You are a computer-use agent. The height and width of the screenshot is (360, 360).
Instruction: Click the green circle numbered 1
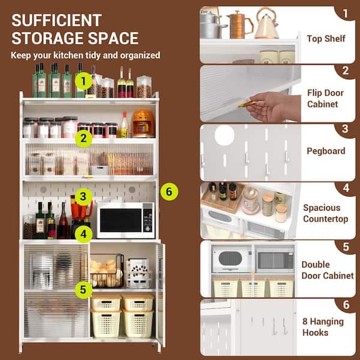(83, 81)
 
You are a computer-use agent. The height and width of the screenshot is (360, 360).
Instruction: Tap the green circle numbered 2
(83, 139)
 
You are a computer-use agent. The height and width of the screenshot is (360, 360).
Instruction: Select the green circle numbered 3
(83, 197)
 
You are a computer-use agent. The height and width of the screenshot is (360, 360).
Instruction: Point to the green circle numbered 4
(83, 234)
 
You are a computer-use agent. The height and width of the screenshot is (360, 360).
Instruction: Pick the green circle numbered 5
(83, 290)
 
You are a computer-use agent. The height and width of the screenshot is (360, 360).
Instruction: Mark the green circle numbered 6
(169, 192)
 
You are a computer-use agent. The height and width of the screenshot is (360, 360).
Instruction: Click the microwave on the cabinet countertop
(125, 220)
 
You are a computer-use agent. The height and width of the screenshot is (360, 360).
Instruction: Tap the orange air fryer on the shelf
(143, 123)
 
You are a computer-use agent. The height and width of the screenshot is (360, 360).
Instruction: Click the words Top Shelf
(326, 38)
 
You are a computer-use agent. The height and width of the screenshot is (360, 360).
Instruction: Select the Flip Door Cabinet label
(325, 98)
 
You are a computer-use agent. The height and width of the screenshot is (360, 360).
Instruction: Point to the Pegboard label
(326, 151)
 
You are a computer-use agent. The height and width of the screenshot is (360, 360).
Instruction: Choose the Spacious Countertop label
(326, 213)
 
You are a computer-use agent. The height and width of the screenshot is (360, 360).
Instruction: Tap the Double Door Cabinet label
(328, 270)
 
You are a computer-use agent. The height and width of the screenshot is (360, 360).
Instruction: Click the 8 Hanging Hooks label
(323, 327)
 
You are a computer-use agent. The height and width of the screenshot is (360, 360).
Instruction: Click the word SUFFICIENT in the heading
(56, 20)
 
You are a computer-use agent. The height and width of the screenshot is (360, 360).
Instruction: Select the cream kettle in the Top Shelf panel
(267, 23)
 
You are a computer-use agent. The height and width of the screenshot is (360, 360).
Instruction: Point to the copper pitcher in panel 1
(240, 25)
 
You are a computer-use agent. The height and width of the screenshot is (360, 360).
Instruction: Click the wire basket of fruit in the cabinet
(107, 271)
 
